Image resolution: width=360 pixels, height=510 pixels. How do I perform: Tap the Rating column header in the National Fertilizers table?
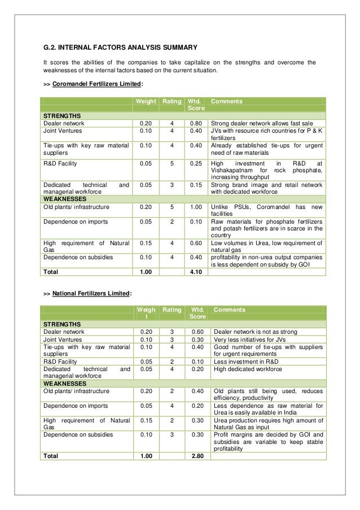pos(172,310)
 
